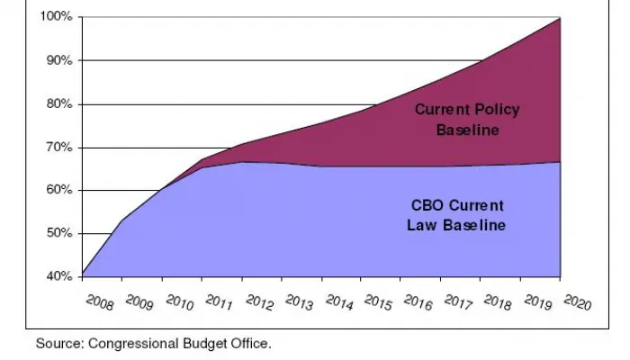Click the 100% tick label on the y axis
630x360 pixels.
tap(56, 17)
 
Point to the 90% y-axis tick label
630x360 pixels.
tap(58, 60)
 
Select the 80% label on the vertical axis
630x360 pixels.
tap(58, 104)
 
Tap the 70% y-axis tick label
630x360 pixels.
tap(58, 148)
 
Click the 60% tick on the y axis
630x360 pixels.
tap(58, 190)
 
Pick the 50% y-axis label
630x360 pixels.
tap(58, 233)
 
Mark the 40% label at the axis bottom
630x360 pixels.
tap(58, 276)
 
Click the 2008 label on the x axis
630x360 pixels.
tap(99, 301)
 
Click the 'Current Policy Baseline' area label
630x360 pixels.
tap(467, 120)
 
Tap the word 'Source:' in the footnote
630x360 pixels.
tap(56, 343)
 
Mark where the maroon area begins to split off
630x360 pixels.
tap(163, 189)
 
